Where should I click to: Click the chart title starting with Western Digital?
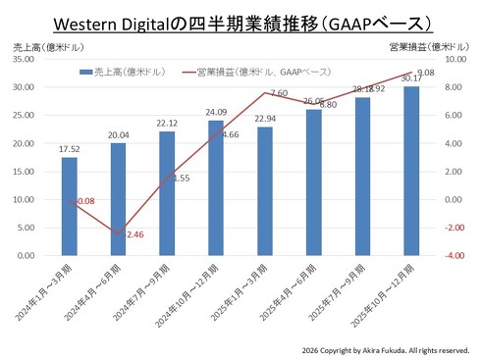click(x=241, y=21)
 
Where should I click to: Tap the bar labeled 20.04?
click(x=118, y=200)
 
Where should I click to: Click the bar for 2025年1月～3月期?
click(x=264, y=191)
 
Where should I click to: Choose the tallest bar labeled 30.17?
click(x=410, y=172)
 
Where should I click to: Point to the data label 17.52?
click(x=69, y=150)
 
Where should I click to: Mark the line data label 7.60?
click(x=277, y=93)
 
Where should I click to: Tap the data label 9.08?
click(x=426, y=72)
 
